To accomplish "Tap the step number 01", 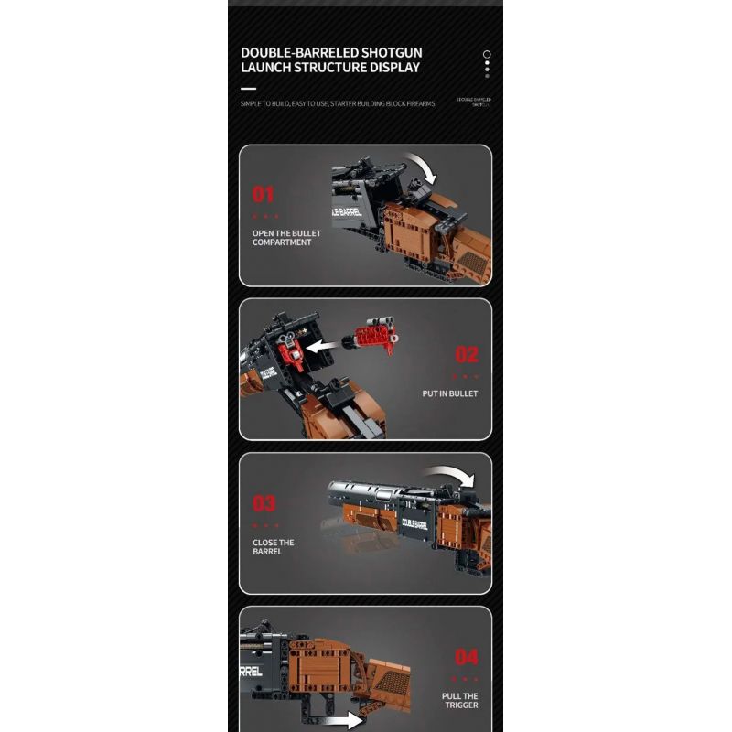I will (x=264, y=194).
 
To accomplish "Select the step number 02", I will (x=467, y=355).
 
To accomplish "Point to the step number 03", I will (x=264, y=503).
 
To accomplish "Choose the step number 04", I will (x=467, y=657).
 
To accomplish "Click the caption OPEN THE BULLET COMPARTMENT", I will (x=282, y=238).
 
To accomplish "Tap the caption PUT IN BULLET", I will (x=450, y=393).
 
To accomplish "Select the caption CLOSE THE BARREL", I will (x=274, y=547).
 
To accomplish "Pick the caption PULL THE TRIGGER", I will (x=459, y=701).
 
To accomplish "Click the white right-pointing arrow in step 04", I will (x=345, y=719).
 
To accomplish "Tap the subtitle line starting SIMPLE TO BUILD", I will (x=338, y=104).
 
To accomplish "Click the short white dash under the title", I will (x=248, y=89).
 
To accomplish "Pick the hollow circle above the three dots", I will (x=487, y=54).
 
